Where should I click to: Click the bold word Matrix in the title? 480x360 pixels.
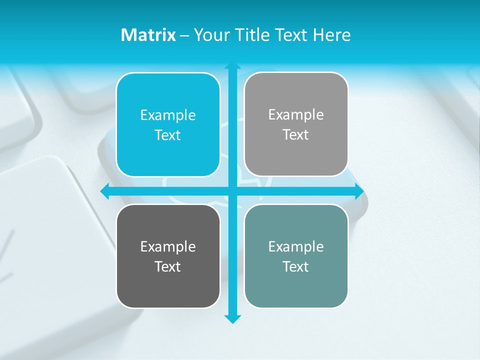coord(148,35)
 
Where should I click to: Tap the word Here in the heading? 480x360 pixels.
coord(331,35)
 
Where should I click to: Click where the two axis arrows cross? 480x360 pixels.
coord(232,191)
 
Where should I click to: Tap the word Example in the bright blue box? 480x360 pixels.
coord(168,115)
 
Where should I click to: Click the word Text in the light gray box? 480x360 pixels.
coord(296,134)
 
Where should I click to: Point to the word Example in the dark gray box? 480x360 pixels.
coord(168,246)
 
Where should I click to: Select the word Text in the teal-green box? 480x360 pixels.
coord(296,266)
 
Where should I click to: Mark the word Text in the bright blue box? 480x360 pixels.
coord(168,135)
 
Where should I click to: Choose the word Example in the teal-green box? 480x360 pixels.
coord(296,246)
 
